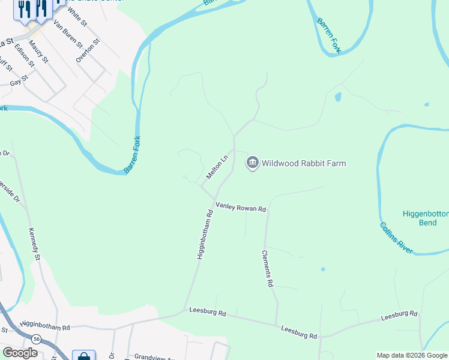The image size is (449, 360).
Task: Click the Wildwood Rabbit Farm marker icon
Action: click(253, 163)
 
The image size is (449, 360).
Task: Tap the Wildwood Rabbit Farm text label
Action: click(304, 163)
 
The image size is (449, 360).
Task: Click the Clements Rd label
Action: click(268, 269)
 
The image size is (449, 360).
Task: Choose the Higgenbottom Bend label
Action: click(424, 218)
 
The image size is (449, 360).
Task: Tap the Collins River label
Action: click(396, 238)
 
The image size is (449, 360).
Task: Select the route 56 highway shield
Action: click(37, 339)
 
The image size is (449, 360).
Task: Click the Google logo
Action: click(20, 353)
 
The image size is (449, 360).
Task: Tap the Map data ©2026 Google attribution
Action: click(412, 355)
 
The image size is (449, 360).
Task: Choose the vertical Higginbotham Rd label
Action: click(205, 233)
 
